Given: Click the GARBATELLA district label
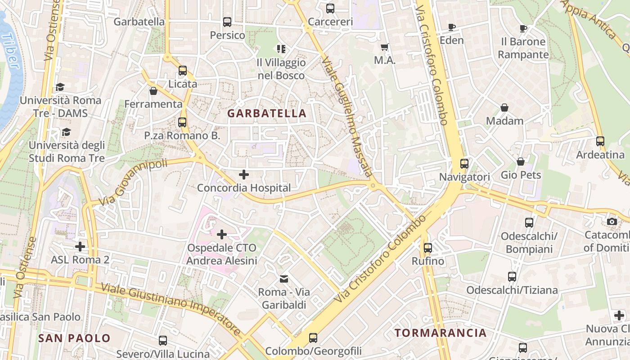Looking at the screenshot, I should point(267,113).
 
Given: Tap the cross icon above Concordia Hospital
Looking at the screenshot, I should point(244,174).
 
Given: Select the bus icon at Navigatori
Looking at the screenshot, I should point(464,164).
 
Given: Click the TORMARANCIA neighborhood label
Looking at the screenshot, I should point(441,333).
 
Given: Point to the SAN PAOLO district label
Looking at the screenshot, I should point(74,338).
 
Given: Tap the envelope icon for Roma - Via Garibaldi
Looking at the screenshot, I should point(284,279).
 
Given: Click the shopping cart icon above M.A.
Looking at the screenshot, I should point(385,47).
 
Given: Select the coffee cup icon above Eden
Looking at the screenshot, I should point(452,27).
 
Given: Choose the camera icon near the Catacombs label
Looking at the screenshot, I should point(612,221).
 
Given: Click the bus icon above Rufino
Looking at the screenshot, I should point(427,247).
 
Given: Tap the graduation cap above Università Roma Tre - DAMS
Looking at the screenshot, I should point(60,87).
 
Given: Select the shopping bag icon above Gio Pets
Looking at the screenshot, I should point(521,162).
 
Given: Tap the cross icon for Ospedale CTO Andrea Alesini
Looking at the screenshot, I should point(221,234).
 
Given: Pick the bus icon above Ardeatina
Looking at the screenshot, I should point(600,141).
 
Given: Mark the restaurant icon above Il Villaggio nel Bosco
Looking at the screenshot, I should point(281,49).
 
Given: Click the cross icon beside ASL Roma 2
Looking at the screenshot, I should point(80,247).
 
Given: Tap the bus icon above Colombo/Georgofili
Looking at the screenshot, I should point(313,337).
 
